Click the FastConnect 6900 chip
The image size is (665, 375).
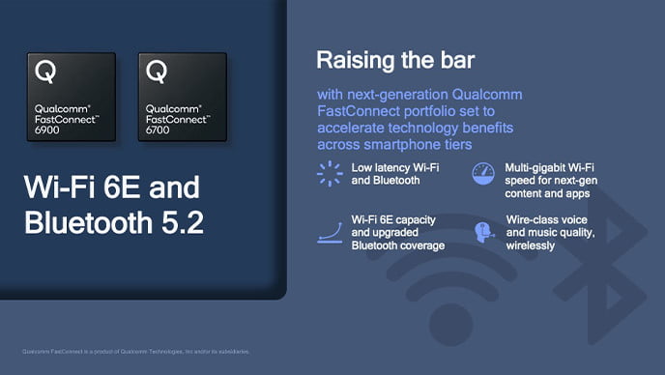[71, 97]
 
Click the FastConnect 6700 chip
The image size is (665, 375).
[184, 97]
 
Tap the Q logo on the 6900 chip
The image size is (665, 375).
[44, 71]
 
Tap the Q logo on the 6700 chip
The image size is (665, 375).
[158, 71]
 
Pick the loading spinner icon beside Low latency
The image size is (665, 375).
[330, 173]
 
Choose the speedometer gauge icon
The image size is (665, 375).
[483, 174]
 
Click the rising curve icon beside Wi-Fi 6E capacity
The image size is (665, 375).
[330, 233]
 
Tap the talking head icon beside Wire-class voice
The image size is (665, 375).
[483, 233]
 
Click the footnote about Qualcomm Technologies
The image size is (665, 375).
[135, 351]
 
